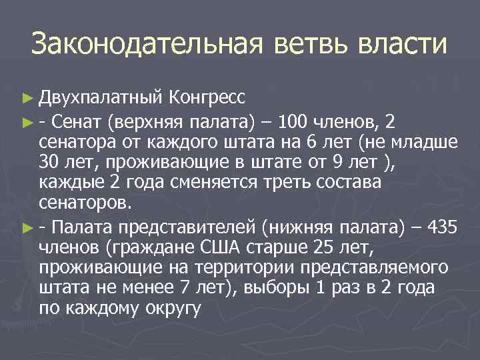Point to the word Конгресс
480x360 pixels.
(x=208, y=97)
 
